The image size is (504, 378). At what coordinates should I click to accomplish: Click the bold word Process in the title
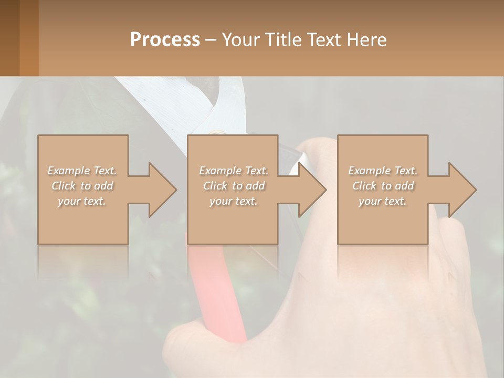pos(165,40)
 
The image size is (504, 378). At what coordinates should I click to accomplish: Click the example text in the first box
pos(82,186)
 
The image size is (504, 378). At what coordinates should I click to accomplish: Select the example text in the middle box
pos(233,186)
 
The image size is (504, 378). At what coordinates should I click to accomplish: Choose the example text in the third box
pos(383,186)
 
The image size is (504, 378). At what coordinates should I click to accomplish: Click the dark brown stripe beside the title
pos(9,38)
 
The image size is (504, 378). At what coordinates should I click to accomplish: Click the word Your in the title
pos(239,40)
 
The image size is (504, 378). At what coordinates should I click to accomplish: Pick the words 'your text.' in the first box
pos(82,201)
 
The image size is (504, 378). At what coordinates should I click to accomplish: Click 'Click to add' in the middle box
pos(233,186)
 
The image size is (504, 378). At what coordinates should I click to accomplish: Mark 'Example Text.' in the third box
pos(383,171)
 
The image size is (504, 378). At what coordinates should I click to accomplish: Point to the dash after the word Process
pos(211,40)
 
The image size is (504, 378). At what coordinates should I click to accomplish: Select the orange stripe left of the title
pos(29,38)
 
